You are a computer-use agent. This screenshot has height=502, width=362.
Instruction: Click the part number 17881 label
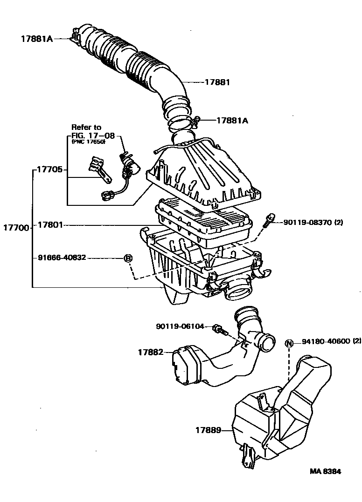[x=218, y=82]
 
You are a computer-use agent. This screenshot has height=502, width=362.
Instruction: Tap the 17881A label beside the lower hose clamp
[x=232, y=120]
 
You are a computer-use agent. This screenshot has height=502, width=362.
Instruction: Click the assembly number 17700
[x=16, y=228]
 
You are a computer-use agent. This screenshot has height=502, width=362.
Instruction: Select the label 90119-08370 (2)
[x=313, y=223]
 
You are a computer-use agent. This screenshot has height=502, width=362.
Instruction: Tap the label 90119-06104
[x=180, y=326]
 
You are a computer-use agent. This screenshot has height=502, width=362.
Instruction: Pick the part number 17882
[x=150, y=352]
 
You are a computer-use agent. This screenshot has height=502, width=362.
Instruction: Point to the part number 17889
[x=208, y=430]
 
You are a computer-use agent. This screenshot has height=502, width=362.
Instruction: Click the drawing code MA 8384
[x=325, y=471]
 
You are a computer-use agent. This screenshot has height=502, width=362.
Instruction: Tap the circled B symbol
[x=128, y=258]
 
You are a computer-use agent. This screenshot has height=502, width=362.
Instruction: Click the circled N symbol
[x=289, y=344]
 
